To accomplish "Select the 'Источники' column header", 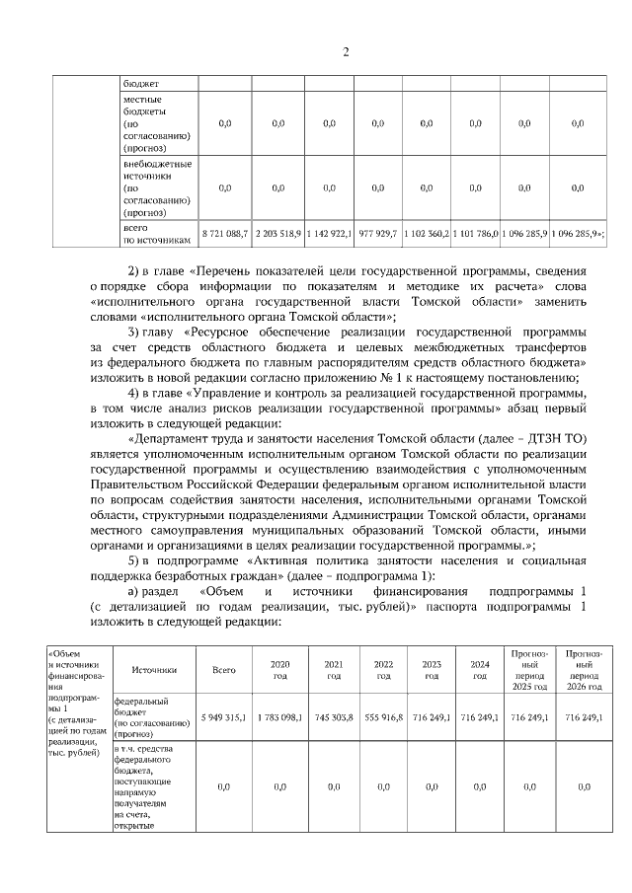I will [155, 670].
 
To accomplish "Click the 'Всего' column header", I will [224, 670].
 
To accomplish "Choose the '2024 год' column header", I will [480, 670].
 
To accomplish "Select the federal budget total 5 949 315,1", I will [224, 717].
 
